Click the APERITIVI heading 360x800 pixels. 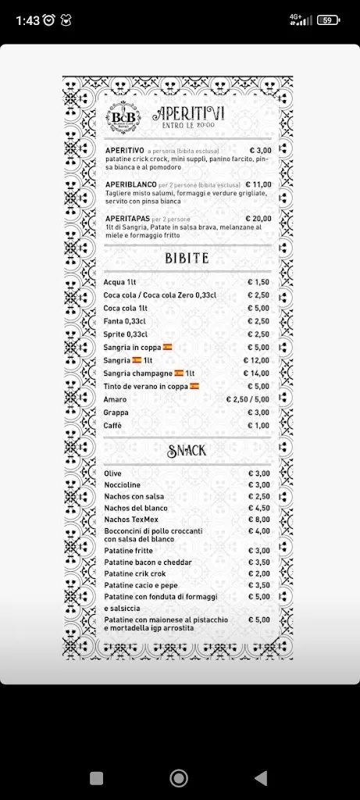click(188, 112)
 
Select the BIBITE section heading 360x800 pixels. click(187, 259)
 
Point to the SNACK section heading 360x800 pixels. click(187, 450)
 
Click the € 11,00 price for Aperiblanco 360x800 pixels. click(258, 184)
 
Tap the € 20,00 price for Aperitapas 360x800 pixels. click(258, 219)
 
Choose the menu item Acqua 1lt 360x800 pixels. click(120, 282)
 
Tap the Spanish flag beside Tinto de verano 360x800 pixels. click(194, 386)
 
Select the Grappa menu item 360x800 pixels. click(116, 412)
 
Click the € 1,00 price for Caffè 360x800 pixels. click(258, 425)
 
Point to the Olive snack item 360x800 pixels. click(112, 473)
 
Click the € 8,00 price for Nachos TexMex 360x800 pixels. click(259, 519)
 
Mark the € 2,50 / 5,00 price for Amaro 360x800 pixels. click(248, 399)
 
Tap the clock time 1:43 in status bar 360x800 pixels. click(27, 20)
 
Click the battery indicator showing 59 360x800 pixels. click(327, 20)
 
